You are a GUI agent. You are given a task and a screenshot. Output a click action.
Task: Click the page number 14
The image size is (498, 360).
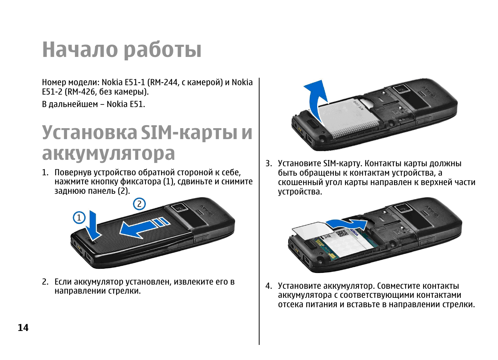(x=23, y=328)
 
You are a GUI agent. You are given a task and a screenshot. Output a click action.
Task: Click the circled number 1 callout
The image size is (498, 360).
(x=79, y=218)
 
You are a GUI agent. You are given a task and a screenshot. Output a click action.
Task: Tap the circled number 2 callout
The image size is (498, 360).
(x=139, y=204)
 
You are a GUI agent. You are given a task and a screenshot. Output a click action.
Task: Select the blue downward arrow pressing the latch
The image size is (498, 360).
(x=93, y=227)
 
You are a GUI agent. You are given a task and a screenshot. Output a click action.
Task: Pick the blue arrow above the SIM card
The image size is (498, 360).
(x=347, y=224)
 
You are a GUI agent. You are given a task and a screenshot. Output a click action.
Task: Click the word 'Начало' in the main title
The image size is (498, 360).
(x=80, y=49)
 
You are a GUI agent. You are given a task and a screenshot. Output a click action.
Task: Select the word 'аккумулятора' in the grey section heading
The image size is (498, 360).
(x=108, y=153)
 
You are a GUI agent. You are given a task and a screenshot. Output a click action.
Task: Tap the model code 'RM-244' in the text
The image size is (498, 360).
(x=164, y=83)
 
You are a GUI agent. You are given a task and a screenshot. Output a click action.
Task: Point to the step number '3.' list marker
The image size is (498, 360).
(x=269, y=164)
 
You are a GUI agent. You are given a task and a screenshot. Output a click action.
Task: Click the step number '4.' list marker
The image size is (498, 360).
(x=269, y=286)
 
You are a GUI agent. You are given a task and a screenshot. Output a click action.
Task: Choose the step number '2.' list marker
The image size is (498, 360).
(x=45, y=282)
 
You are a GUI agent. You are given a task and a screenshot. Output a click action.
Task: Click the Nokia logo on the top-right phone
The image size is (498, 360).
(x=429, y=92)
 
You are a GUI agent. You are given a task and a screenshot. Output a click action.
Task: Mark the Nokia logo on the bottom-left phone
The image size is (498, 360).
(x=206, y=210)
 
